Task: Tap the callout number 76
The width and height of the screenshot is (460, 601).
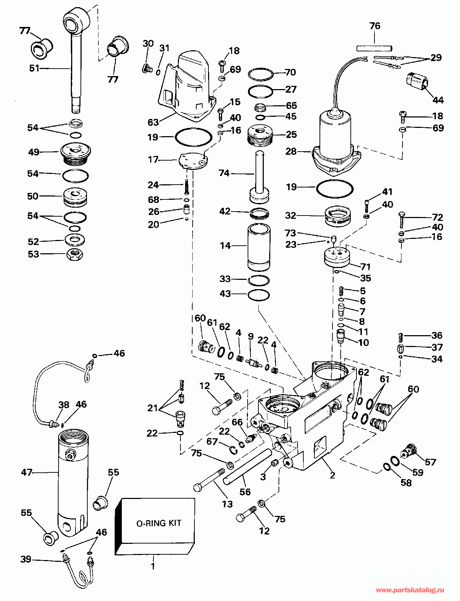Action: coord(374,26)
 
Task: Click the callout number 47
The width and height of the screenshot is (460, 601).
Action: coord(27,472)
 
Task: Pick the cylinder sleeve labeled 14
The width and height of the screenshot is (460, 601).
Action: coord(259,247)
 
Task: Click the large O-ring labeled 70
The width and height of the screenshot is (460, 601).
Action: coord(261,74)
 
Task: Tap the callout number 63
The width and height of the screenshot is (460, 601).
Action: coord(153,122)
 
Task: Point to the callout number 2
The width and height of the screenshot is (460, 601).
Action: coord(332,475)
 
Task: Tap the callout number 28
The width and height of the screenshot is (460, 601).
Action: coord(291,152)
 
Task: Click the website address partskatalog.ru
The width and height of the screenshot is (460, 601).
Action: coord(410,590)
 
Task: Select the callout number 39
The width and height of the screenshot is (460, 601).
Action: coord(26,559)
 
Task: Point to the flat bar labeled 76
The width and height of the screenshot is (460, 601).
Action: coord(374,48)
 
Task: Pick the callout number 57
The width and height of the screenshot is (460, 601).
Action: coord(431,462)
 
